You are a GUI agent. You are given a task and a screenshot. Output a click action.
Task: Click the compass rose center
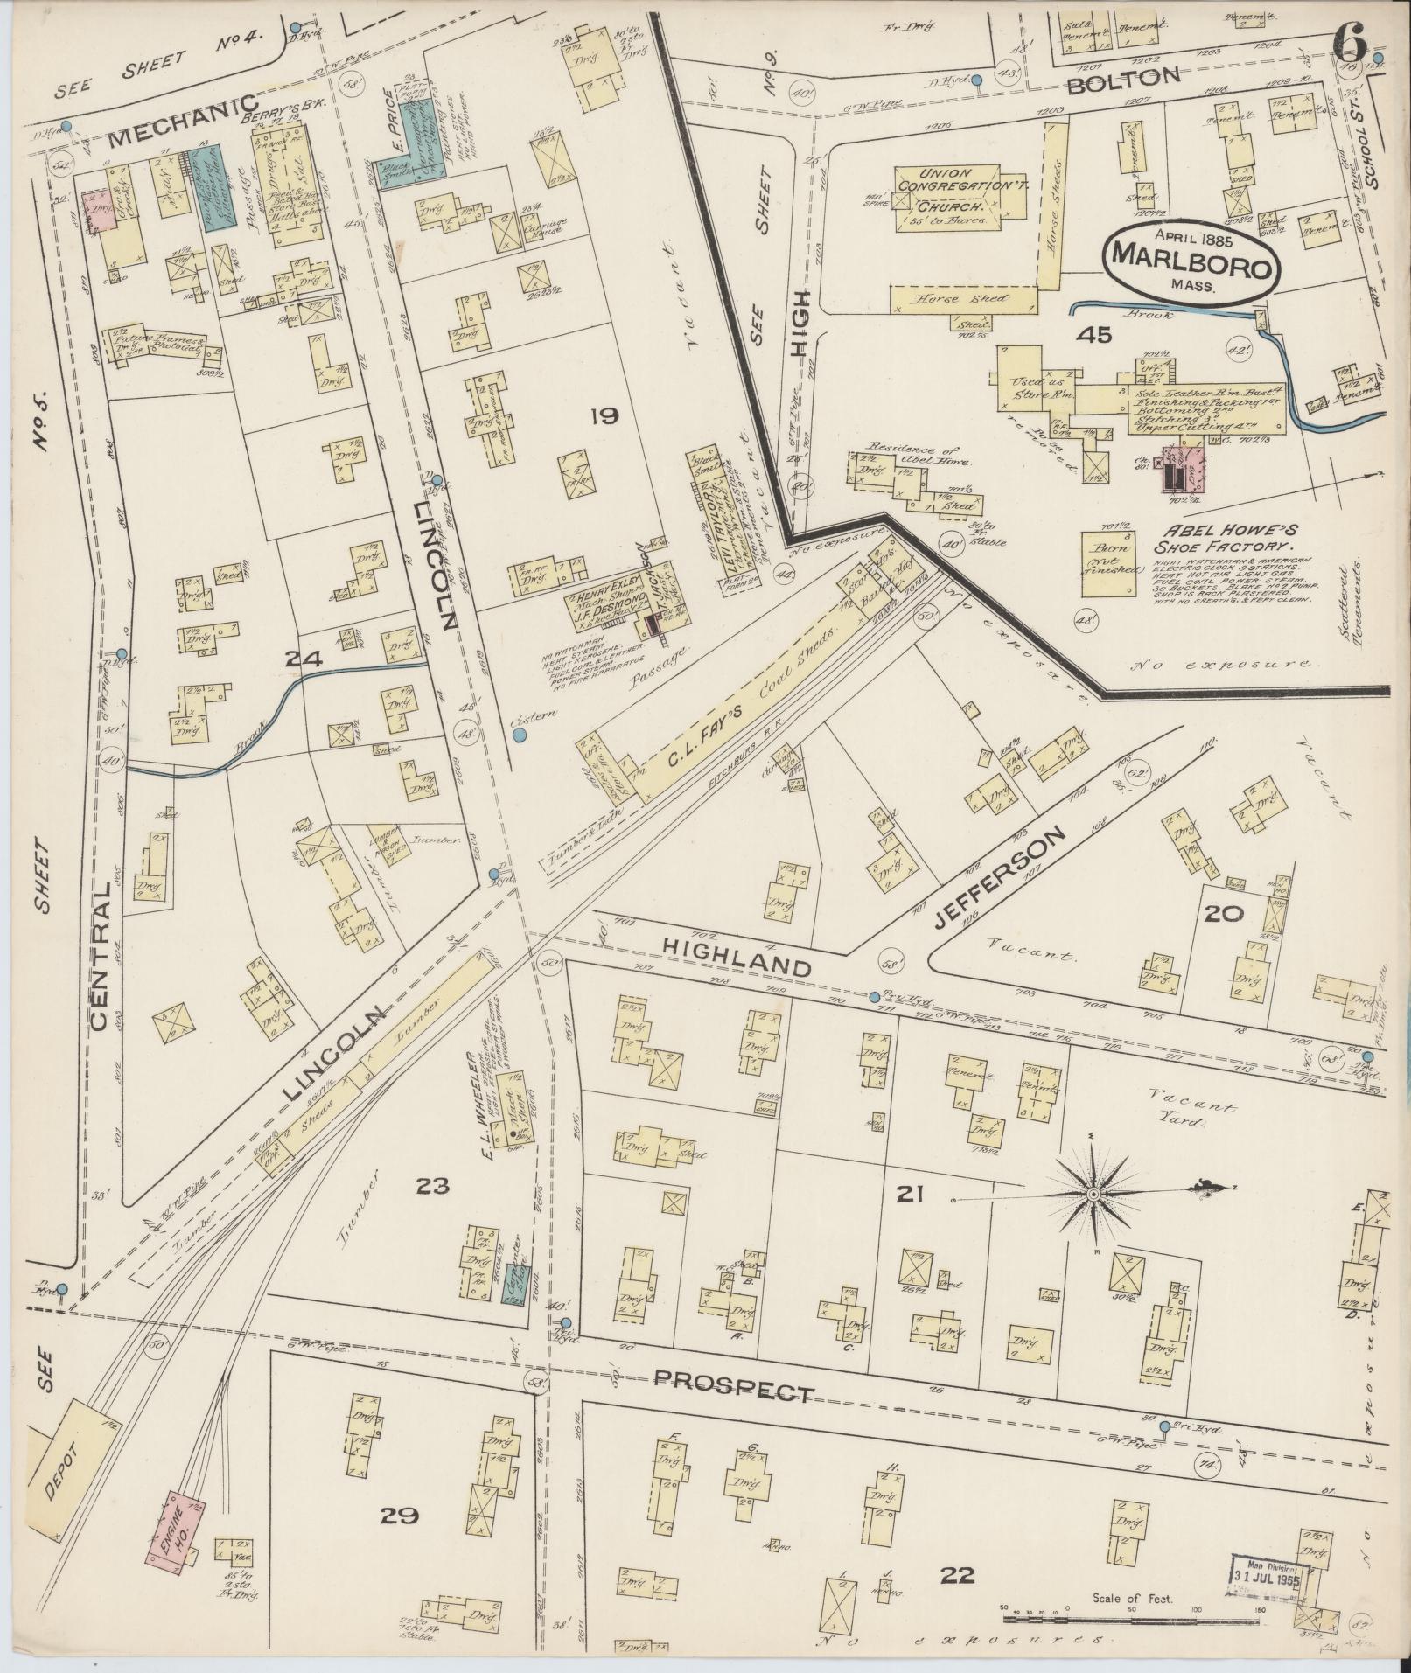(x=1093, y=1193)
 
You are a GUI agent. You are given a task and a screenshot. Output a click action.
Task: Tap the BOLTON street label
(x=1124, y=78)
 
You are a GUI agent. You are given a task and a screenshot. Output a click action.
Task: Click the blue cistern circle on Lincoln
(x=520, y=736)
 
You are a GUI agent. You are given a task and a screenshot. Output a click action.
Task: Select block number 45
(x=1094, y=333)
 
